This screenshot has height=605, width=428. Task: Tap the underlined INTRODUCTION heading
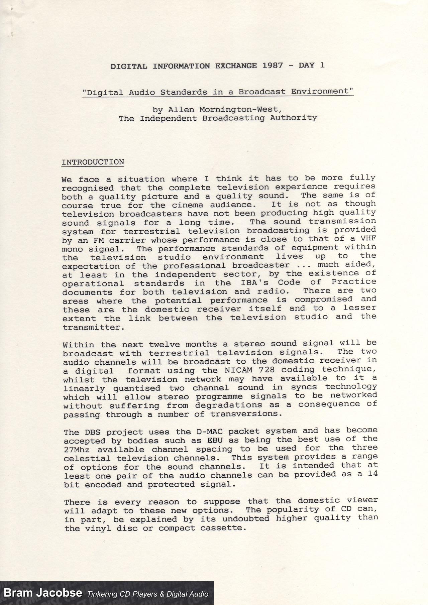(93, 162)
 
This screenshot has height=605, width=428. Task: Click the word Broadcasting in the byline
(233, 118)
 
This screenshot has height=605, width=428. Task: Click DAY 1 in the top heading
(312, 65)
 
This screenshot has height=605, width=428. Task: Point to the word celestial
(87, 458)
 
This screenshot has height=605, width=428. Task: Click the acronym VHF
(368, 239)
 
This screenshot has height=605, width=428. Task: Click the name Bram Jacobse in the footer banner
(43, 593)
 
